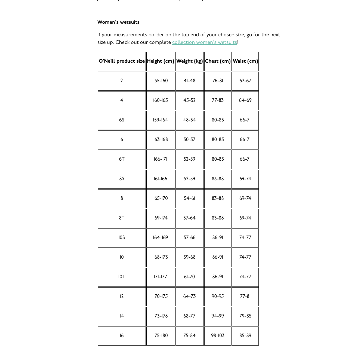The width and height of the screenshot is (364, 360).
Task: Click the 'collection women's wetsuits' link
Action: click(205, 42)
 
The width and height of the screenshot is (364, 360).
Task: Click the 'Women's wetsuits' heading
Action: click(118, 22)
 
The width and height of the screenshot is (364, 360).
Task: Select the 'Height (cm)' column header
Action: click(161, 61)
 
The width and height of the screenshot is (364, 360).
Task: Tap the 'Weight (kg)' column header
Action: click(190, 61)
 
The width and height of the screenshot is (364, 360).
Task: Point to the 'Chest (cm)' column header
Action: click(218, 61)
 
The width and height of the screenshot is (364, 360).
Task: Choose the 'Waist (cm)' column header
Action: click(245, 61)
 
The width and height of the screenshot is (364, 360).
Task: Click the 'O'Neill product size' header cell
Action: click(122, 61)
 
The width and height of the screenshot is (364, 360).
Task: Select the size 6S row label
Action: click(122, 120)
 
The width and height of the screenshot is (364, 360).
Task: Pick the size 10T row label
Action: click(122, 277)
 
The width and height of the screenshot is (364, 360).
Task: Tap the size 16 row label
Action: click(122, 336)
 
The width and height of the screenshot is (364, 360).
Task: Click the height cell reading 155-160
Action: click(161, 81)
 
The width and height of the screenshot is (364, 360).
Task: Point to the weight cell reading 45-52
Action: click(190, 100)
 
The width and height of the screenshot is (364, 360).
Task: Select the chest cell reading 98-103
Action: click(218, 336)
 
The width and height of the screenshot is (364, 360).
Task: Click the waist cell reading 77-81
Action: click(245, 297)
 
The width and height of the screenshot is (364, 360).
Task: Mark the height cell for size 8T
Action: click(161, 218)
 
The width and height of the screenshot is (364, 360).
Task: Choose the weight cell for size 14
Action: click(190, 316)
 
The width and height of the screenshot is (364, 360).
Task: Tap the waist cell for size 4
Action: click(245, 100)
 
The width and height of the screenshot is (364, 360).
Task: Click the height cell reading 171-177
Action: click(161, 277)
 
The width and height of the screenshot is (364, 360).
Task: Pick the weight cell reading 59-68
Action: click(190, 257)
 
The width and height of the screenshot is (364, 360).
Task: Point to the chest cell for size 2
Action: click(218, 81)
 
